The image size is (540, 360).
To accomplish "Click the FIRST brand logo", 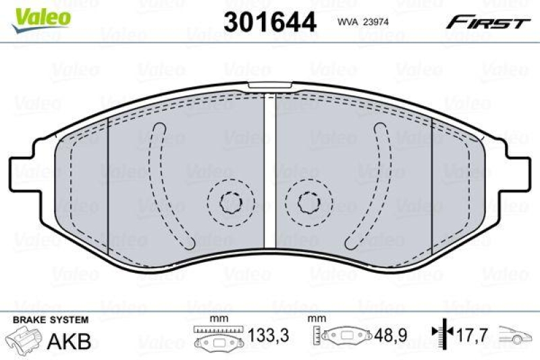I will [x=487, y=22].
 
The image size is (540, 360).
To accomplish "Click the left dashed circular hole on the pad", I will [x=230, y=201].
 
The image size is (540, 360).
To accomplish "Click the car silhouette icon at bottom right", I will [x=516, y=335].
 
